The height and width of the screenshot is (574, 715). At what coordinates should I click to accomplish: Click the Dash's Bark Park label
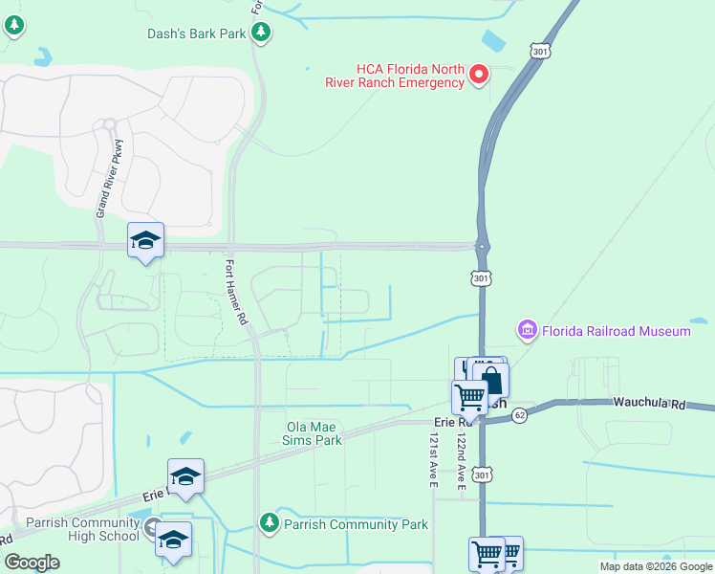point(197,33)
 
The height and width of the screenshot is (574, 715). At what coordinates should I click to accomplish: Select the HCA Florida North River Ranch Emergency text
point(410,76)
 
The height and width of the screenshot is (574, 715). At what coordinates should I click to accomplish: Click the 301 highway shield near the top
point(541,48)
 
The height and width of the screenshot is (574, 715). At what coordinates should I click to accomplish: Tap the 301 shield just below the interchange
point(481,276)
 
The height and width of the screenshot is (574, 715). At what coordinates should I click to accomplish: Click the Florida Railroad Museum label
point(617,331)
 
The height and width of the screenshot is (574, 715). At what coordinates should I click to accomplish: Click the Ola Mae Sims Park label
point(314,434)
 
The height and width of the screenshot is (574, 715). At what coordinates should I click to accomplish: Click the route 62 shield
point(519,415)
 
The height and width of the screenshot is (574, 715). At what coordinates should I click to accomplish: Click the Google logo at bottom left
point(32,563)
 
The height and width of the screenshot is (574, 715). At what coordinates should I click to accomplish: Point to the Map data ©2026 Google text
point(655,566)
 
